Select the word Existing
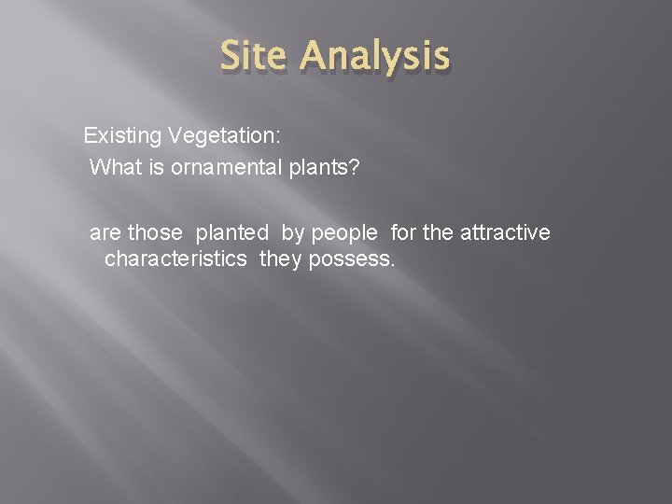pos(123,136)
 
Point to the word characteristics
pos(176,259)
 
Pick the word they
pos(280,259)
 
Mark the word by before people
pos(292,231)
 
